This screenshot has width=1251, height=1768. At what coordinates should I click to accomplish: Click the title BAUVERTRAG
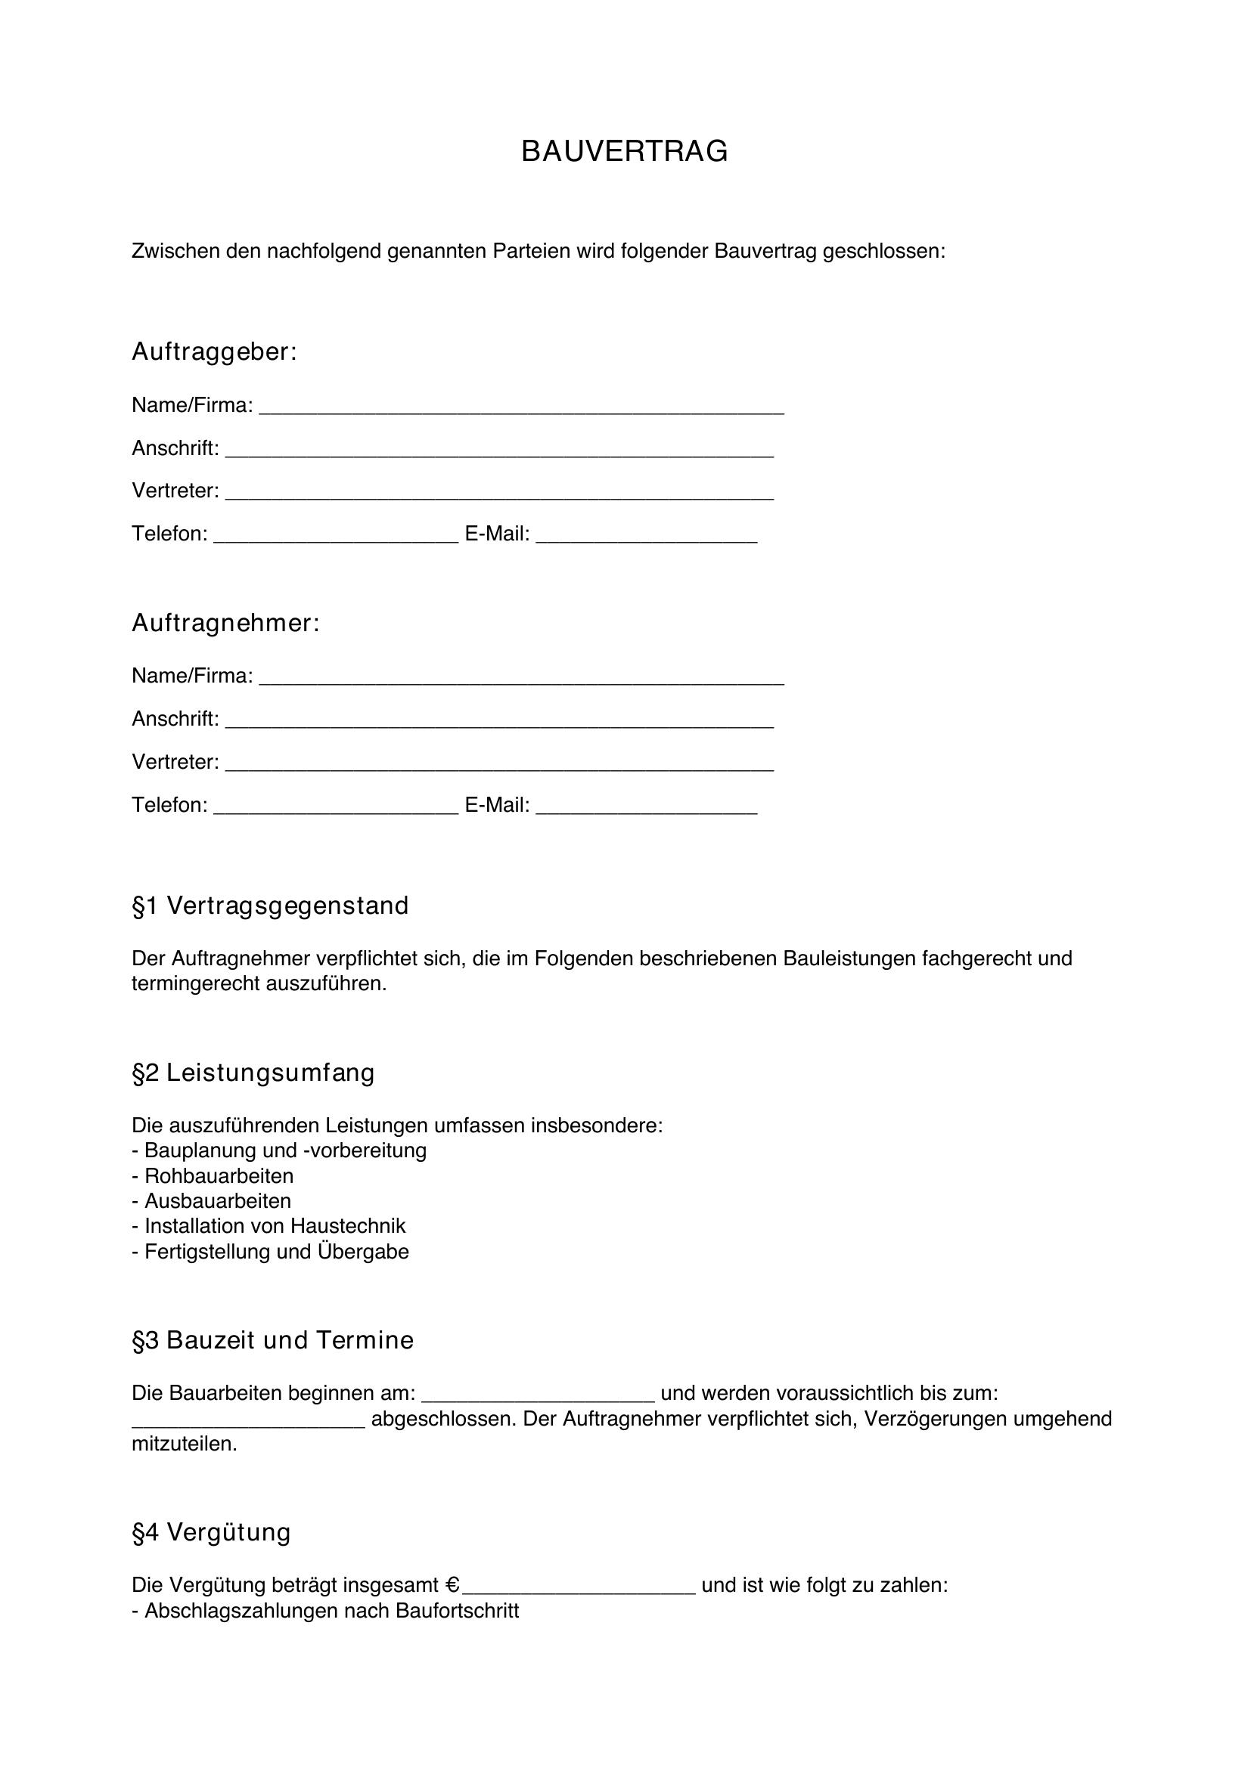point(624,152)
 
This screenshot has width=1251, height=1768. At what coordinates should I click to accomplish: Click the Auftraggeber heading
point(214,352)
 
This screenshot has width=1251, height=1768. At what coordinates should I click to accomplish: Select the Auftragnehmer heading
point(225,623)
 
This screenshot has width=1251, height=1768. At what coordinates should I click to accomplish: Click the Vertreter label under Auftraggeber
point(175,491)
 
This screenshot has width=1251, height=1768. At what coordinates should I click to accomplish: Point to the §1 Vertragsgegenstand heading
point(270,906)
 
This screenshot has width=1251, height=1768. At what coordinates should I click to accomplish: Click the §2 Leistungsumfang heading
point(253,1073)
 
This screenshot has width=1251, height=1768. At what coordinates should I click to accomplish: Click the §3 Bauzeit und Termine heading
point(273,1341)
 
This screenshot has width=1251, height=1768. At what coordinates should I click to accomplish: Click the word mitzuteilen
point(184,1444)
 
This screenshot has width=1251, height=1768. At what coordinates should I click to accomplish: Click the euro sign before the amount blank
point(453,1585)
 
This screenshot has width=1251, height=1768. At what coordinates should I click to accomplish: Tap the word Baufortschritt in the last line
point(457,1610)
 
